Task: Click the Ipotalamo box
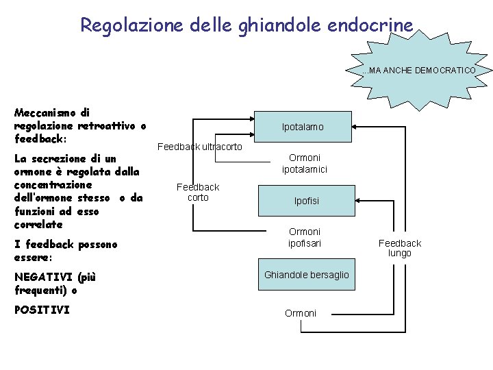[303, 127]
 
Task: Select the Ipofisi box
[306, 201]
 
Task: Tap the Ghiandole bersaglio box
[306, 275]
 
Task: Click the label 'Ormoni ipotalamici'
[304, 163]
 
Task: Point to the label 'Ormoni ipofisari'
[305, 237]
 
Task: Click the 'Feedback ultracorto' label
[199, 147]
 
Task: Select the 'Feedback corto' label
[198, 192]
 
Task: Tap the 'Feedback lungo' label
[400, 248]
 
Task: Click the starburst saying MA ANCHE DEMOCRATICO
[418, 71]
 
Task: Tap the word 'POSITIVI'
[42, 310]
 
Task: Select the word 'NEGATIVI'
[43, 277]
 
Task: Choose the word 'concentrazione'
[53, 185]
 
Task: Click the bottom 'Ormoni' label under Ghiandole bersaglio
[301, 313]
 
